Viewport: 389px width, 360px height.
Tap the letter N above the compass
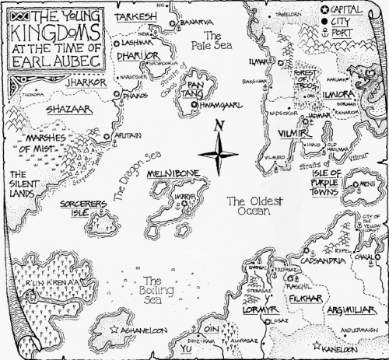pos(221,126)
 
